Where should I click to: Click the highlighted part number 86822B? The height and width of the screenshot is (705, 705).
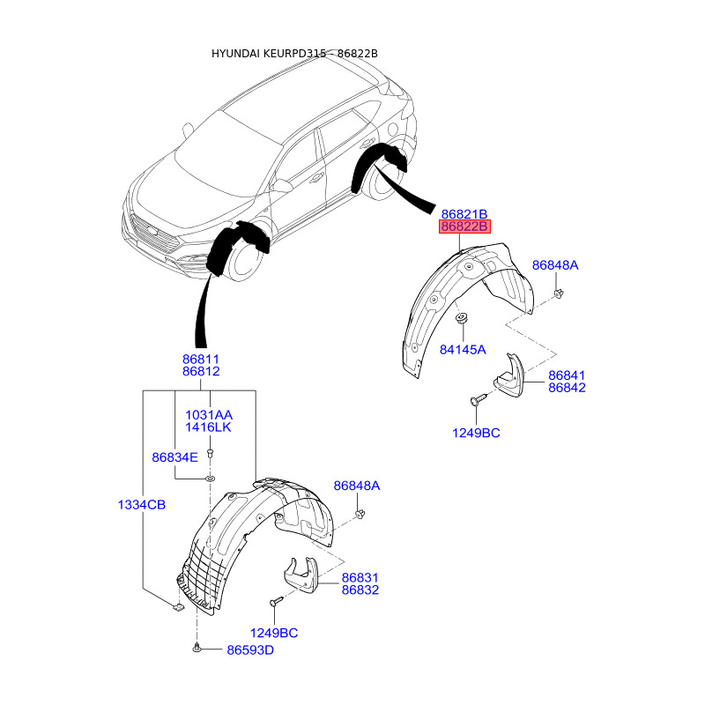[x=464, y=226]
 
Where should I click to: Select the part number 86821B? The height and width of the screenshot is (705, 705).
[x=464, y=214]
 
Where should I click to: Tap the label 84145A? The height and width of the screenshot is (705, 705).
[x=463, y=349]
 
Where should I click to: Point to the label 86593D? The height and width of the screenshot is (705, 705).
[x=250, y=649]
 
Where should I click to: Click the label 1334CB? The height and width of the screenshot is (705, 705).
[x=142, y=504]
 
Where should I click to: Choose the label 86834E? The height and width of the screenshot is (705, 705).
[x=174, y=457]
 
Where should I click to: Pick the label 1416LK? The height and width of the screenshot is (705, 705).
[x=208, y=427]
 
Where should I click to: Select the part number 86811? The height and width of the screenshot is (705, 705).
[x=201, y=360]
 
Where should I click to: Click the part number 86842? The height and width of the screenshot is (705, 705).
[x=567, y=387]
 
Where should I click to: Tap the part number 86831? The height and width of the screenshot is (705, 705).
[x=360, y=578]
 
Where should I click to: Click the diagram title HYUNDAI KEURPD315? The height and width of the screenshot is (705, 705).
[x=269, y=54]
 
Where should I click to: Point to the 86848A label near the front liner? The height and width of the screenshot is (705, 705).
[x=356, y=486]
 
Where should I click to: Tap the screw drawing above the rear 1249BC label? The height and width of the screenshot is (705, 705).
[x=477, y=402]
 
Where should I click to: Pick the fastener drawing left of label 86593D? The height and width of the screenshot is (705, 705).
[x=196, y=649]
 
